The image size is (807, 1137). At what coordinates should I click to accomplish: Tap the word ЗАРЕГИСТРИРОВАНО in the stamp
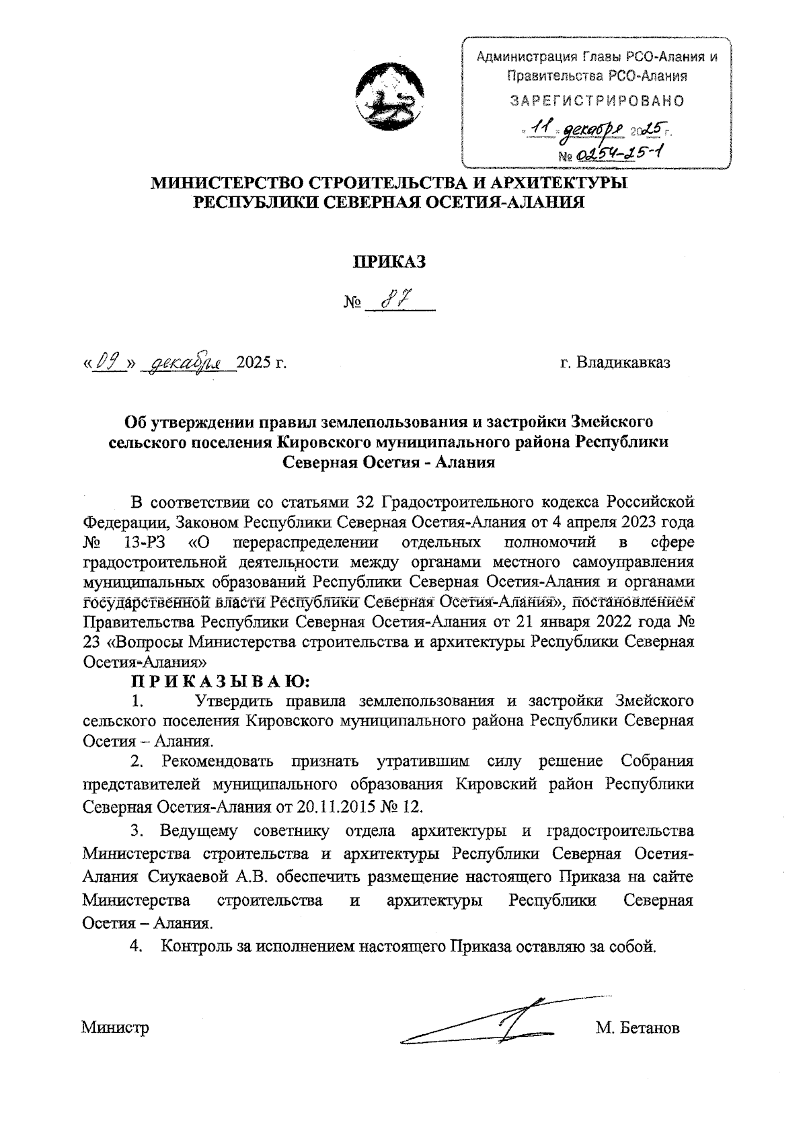pos(597,102)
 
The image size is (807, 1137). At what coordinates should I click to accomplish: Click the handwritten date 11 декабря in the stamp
pos(578,128)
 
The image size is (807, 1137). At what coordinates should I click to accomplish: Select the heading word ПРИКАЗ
pos(391,262)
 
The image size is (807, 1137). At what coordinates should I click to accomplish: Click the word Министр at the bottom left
pos(115,1027)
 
